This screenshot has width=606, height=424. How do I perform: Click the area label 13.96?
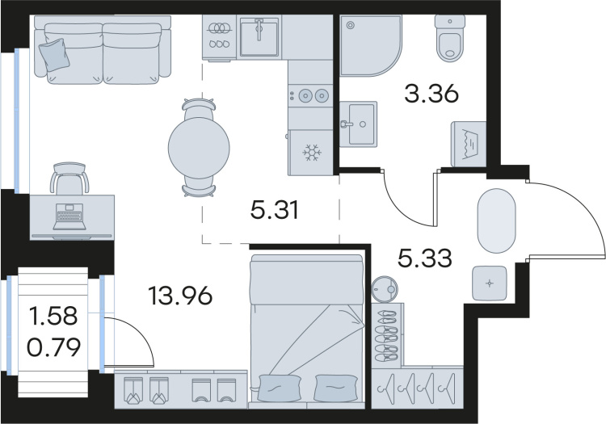[x=180, y=296]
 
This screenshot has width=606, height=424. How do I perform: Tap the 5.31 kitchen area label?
[x=275, y=211]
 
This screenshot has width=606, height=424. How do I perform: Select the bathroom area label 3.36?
[x=431, y=94]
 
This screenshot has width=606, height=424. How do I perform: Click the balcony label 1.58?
[x=53, y=316]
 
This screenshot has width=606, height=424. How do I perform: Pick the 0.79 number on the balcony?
[x=53, y=346]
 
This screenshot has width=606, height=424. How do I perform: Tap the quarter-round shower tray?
[x=370, y=44]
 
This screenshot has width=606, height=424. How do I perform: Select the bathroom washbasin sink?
[x=358, y=124]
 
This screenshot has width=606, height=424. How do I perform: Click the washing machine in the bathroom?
[x=469, y=144]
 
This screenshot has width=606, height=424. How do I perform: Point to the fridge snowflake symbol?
[x=311, y=153]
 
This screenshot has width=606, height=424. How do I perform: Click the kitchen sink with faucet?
[x=259, y=36]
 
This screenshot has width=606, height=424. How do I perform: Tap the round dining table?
[x=199, y=147]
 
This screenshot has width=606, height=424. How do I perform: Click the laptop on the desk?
[x=70, y=217]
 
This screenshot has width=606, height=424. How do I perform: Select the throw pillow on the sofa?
[x=54, y=54]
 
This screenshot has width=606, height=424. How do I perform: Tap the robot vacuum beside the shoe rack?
[x=385, y=288]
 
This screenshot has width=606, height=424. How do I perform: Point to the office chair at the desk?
[x=69, y=178]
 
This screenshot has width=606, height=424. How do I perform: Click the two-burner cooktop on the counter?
[x=311, y=95]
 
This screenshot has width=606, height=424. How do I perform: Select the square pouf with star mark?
[x=490, y=283]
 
